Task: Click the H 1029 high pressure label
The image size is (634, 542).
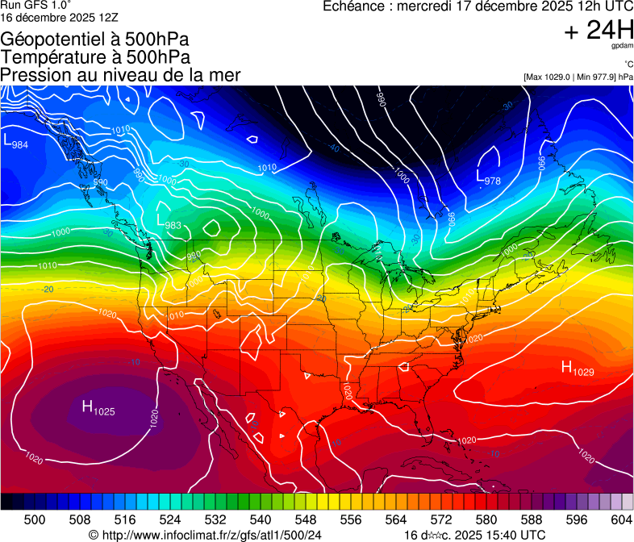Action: pos(577,369)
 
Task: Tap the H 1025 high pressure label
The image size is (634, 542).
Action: pos(98,408)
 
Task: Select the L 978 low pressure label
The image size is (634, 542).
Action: pos(488,177)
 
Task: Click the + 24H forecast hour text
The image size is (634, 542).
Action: pos(599,31)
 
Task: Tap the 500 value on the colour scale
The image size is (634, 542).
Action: pos(35,519)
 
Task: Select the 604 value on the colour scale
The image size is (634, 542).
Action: pos(622,519)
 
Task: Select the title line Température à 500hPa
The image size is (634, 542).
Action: pos(95,57)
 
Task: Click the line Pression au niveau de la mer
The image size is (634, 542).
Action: pos(120,75)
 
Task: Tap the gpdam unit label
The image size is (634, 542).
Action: pos(622,47)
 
